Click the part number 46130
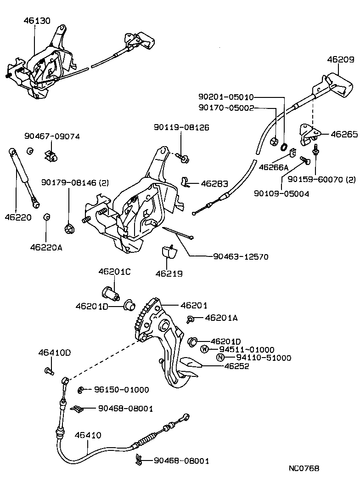pos(37,21)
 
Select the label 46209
pos(340,59)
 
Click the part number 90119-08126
pos(181,127)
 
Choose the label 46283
pos(214,184)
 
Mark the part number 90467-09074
pos(52,136)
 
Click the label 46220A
pos(46,247)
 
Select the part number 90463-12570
pos(234,257)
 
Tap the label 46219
pos(169,273)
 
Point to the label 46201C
pos(114,272)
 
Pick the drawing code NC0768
pos(304,469)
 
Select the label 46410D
pos(55,353)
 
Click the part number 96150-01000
pos(121,390)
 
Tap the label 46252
pos(236,366)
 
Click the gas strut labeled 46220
pos(23,177)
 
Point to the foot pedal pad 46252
pos(188,364)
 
